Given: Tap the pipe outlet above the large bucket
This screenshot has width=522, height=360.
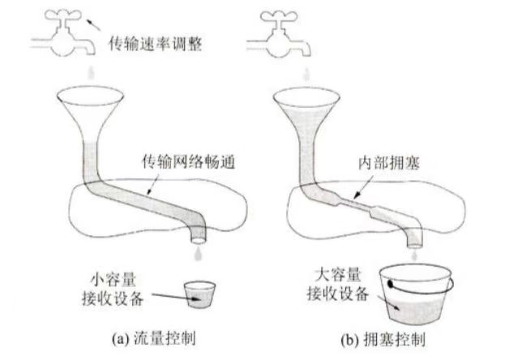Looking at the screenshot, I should (413, 238).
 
